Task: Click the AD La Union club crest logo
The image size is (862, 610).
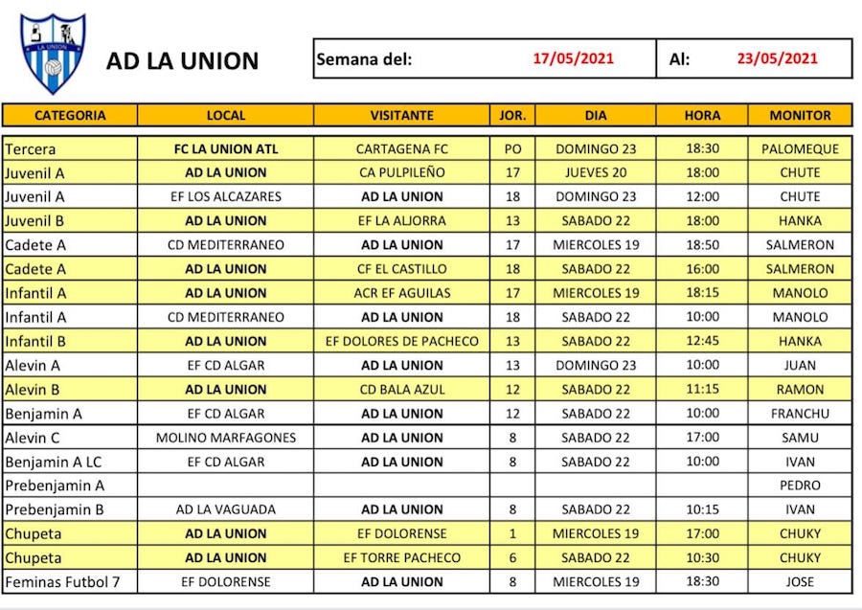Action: point(54,54)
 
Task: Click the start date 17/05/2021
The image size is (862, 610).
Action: point(573,58)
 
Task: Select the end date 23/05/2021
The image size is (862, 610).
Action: point(777,58)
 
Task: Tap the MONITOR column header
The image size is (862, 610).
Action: point(800,115)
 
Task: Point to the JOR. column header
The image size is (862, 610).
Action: point(512,115)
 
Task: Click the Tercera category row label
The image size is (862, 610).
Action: point(31,149)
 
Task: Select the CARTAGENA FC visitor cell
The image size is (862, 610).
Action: point(401,149)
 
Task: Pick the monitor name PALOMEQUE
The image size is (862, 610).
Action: point(800,149)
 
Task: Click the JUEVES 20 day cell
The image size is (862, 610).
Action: point(595,173)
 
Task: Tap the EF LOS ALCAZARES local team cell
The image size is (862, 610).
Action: point(225,197)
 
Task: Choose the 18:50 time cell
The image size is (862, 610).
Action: point(702,245)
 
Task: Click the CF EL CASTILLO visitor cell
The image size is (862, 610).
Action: point(401,269)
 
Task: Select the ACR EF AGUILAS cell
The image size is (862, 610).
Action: point(401,293)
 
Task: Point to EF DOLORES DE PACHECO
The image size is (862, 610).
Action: point(401,341)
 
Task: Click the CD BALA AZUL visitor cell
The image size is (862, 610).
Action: point(401,390)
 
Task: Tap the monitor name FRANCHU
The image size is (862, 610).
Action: point(800,414)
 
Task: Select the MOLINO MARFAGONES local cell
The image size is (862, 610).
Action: point(225,438)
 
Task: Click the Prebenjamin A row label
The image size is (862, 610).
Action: point(55,486)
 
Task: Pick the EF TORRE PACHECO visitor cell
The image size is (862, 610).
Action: point(401,557)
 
